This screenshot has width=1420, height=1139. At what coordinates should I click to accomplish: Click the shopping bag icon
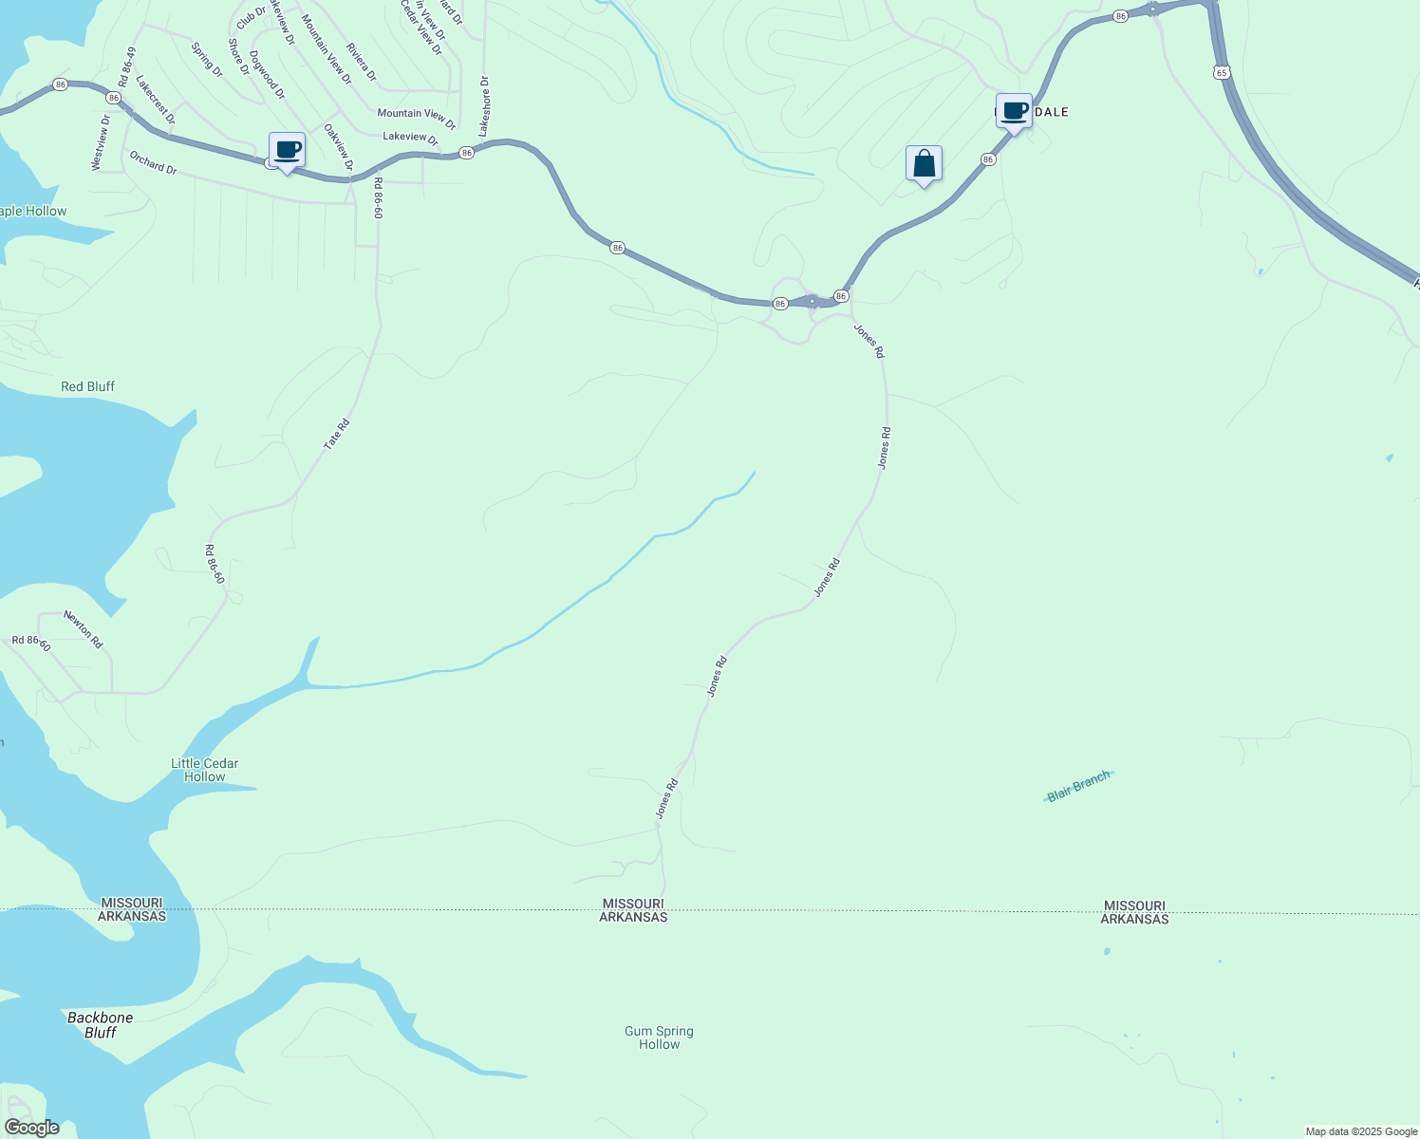(924, 163)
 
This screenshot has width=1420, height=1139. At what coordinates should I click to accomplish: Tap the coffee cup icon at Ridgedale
(1014, 111)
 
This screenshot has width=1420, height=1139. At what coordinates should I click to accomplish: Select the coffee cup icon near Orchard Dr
(287, 150)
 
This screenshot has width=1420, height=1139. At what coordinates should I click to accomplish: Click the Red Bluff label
(87, 386)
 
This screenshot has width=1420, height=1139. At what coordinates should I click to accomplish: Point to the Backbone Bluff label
(100, 1025)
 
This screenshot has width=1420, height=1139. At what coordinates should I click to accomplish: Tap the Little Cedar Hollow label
(204, 770)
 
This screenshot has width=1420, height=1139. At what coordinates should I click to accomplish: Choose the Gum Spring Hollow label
(659, 1037)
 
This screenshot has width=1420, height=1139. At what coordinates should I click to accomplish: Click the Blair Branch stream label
(1078, 786)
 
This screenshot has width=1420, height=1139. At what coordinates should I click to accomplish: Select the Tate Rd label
(337, 434)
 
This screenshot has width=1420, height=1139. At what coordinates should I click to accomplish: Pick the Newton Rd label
(84, 629)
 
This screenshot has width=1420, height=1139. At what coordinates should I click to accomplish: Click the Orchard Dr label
(153, 162)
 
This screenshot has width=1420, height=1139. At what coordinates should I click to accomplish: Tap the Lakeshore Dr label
(484, 106)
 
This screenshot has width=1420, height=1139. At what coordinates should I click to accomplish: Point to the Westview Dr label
(100, 142)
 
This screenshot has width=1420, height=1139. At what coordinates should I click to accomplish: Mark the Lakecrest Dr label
(156, 101)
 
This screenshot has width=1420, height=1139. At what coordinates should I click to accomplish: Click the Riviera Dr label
(362, 62)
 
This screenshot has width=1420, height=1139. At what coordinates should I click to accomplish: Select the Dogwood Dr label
(267, 76)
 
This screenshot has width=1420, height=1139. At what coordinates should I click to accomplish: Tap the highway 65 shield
(1220, 72)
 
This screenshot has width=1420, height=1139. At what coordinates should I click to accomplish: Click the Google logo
(31, 1128)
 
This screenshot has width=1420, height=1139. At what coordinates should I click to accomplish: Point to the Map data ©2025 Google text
(1361, 1131)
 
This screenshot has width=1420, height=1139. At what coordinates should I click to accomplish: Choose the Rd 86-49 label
(128, 67)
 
